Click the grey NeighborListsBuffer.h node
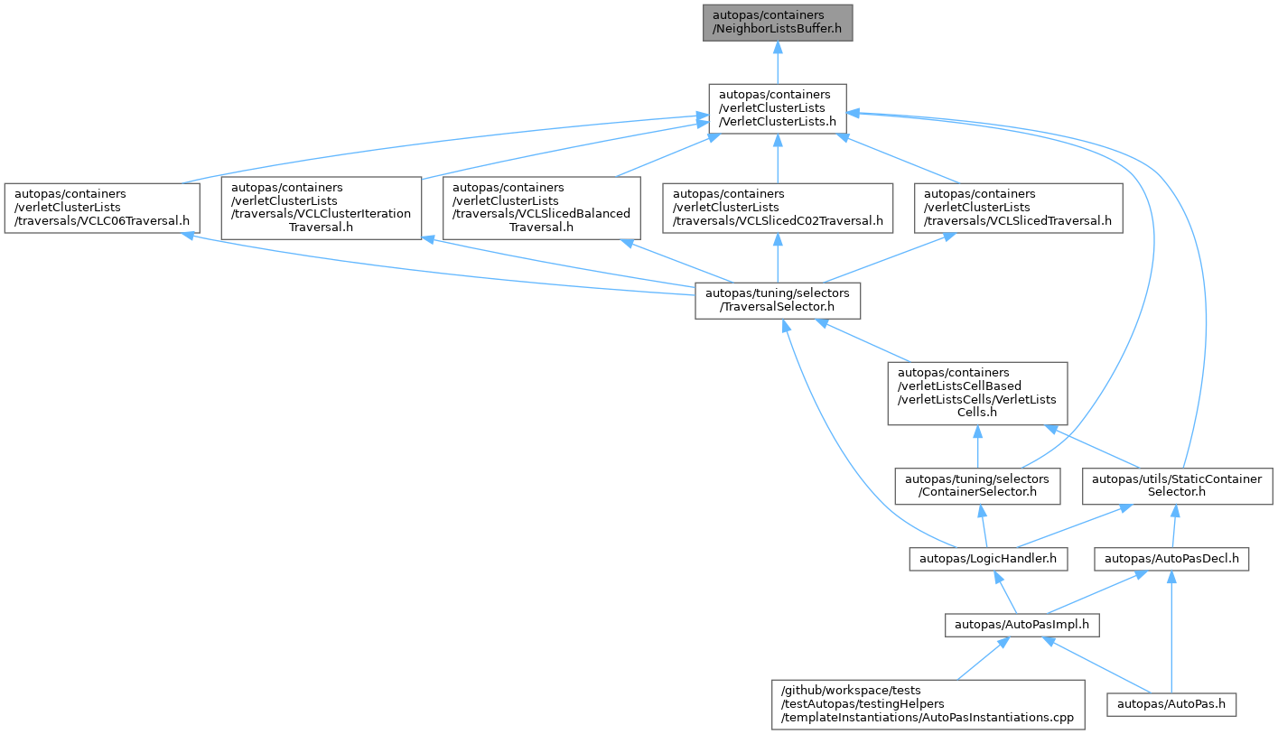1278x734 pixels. point(778,23)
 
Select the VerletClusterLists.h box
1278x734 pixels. point(778,109)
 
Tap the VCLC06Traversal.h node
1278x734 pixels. point(102,209)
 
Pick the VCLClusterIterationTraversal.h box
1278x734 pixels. point(322,209)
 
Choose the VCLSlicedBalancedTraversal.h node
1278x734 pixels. point(541,209)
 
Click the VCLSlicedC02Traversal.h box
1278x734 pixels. point(778,209)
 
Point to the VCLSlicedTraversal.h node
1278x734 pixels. point(1019,209)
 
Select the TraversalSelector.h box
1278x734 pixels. point(778,301)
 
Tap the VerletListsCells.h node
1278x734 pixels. point(977,394)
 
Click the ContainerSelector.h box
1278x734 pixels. point(977,487)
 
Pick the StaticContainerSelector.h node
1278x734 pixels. point(1177,487)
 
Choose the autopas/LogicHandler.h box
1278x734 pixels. point(988,560)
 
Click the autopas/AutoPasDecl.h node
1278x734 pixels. point(1171,560)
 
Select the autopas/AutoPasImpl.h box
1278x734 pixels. point(1021,626)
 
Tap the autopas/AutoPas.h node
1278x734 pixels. point(1171,705)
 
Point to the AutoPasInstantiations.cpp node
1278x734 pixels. point(928,705)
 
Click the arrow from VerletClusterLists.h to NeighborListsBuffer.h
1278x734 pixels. point(778,62)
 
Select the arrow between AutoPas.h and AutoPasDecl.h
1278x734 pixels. point(1171,632)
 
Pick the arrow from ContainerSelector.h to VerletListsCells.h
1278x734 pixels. point(977,447)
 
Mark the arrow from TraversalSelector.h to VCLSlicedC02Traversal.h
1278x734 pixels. point(778,258)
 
